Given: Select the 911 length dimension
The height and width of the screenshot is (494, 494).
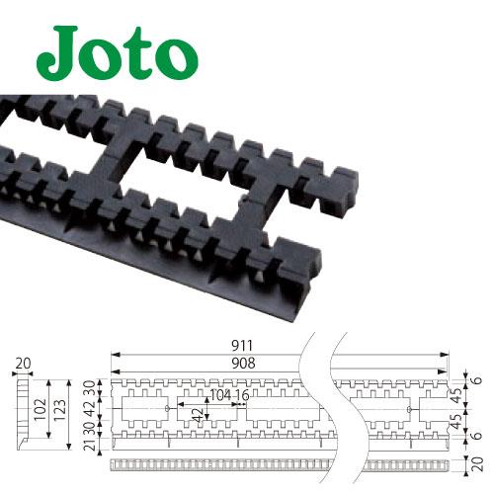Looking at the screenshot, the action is [x=241, y=346].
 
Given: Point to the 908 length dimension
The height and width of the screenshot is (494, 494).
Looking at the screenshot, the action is [x=243, y=364].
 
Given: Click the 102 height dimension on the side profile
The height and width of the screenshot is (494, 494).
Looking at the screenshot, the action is [x=41, y=409].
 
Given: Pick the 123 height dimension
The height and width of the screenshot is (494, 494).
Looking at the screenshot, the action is [x=60, y=410].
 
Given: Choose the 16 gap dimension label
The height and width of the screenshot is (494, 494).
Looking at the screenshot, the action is [x=243, y=395].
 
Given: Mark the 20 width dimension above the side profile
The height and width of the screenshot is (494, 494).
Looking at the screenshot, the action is [x=23, y=364].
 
